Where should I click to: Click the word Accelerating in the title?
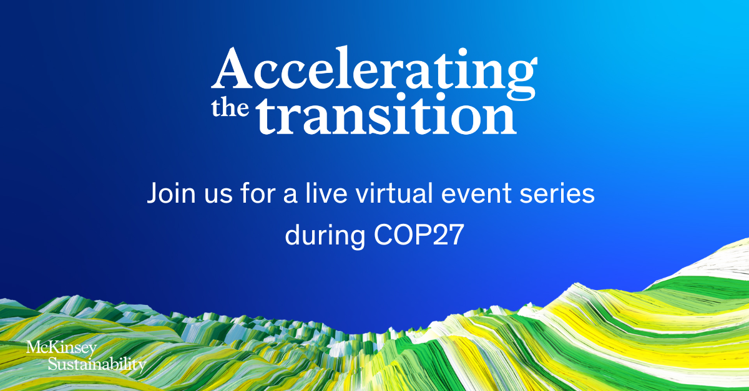click(x=374, y=72)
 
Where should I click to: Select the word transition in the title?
click(x=387, y=113)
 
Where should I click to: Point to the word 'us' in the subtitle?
click(x=218, y=196)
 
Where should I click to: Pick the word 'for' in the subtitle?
click(x=257, y=193)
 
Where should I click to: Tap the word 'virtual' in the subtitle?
click(x=394, y=193)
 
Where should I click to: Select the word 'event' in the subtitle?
click(x=476, y=194)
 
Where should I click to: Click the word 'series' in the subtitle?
click(x=557, y=194)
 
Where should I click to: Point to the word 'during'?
click(x=325, y=236)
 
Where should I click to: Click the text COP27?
click(x=419, y=234)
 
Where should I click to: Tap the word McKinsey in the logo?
click(x=62, y=349)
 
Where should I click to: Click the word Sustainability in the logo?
click(x=97, y=364)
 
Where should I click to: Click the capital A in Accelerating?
click(x=232, y=68)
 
